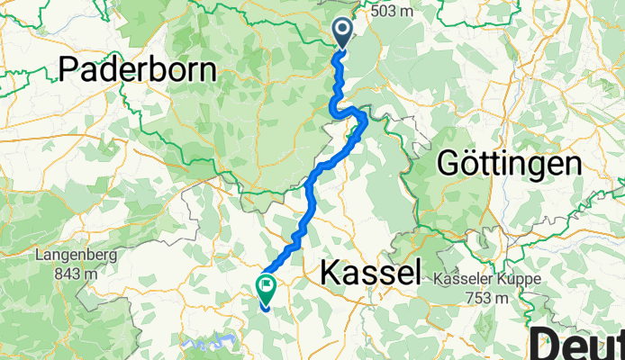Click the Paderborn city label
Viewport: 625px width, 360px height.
click(139, 70)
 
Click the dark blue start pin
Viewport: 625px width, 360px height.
click(344, 32)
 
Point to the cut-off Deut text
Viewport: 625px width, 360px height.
click(577, 344)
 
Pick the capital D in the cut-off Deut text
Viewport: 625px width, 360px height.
click(545, 344)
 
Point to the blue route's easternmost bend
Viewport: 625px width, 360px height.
click(365, 121)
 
